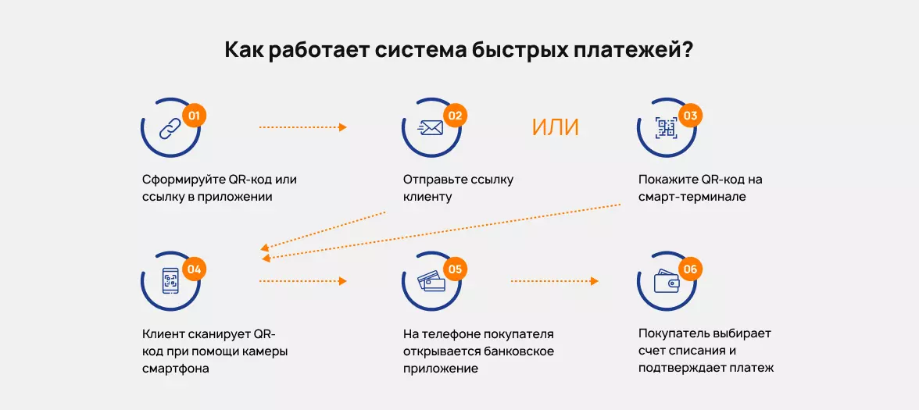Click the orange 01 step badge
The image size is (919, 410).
point(195,116)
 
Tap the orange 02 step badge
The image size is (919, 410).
point(456,116)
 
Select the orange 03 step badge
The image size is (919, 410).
point(691,116)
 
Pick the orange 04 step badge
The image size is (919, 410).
point(195,269)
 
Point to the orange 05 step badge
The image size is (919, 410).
point(456,269)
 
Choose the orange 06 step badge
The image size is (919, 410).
point(691,269)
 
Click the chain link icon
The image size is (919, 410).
point(170,128)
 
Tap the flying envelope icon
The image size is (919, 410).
point(431,128)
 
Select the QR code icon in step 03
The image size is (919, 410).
point(666,128)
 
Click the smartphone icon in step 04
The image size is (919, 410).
point(170,281)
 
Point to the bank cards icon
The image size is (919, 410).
point(431,281)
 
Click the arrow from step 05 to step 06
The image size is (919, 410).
point(554,281)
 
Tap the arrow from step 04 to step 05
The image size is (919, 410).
point(302,281)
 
